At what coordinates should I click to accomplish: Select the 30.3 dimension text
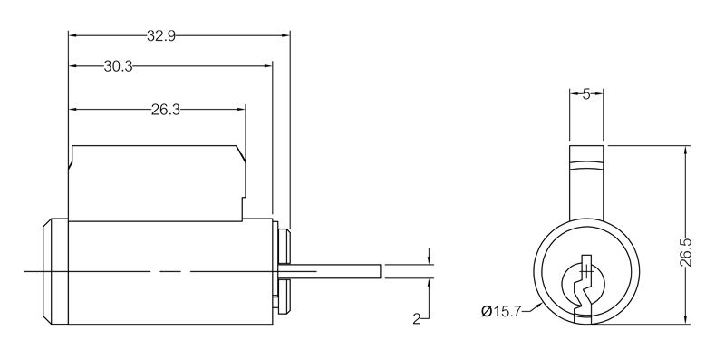(120, 66)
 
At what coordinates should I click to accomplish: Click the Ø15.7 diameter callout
(502, 313)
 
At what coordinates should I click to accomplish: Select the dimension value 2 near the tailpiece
(415, 319)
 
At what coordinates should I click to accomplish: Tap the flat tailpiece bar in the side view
(335, 271)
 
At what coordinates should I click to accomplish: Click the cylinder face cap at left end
(54, 271)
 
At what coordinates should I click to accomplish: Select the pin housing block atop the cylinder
(154, 181)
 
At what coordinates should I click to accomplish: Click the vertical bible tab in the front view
(586, 181)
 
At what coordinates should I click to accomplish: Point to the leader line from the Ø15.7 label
(533, 308)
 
